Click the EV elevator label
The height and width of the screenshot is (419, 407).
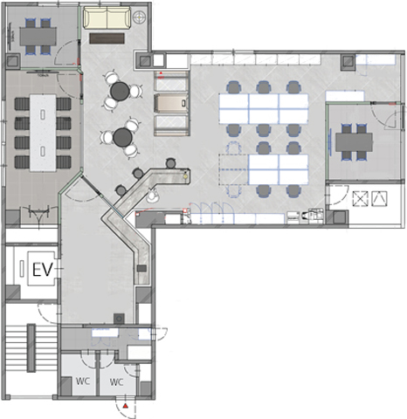pyautogui.click(x=43, y=270)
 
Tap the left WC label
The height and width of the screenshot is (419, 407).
pyautogui.click(x=83, y=381)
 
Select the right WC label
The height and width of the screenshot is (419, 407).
pyautogui.click(x=116, y=381)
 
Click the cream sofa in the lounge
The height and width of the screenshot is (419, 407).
pyautogui.click(x=107, y=18)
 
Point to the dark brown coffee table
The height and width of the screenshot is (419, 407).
pyautogui.click(x=107, y=38)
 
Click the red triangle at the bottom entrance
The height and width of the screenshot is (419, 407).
pyautogui.click(x=125, y=406)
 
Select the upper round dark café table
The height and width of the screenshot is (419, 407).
pyautogui.click(x=120, y=91)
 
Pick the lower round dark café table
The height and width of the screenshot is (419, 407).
pyautogui.click(x=123, y=137)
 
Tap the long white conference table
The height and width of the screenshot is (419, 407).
pyautogui.click(x=43, y=133)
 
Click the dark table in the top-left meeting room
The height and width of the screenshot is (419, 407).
pyautogui.click(x=38, y=37)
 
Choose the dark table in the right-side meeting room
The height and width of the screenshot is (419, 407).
pyautogui.click(x=354, y=142)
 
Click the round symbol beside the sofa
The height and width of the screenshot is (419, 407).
pyautogui.click(x=139, y=17)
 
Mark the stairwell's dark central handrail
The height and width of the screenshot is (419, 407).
pyautogui.click(x=31, y=348)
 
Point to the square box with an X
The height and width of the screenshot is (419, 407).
pyautogui.click(x=360, y=199)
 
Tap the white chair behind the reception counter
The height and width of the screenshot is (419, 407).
pyautogui.click(x=152, y=196)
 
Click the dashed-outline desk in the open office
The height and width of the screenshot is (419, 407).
pyautogui.click(x=233, y=169)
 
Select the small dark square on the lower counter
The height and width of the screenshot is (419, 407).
pyautogui.click(x=141, y=268)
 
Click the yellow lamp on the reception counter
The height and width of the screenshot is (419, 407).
pyautogui.click(x=185, y=176)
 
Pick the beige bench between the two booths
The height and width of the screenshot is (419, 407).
pyautogui.click(x=172, y=103)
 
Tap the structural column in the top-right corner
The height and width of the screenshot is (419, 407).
pyautogui.click(x=348, y=62)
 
